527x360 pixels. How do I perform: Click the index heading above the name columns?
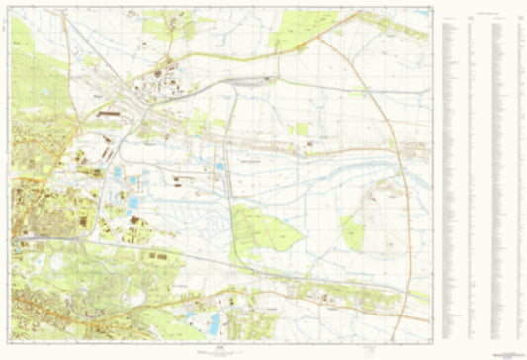click(x=481, y=13)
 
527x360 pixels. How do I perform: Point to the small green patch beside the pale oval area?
click(x=353, y=232)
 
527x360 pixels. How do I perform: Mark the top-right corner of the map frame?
click(x=432, y=10)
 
